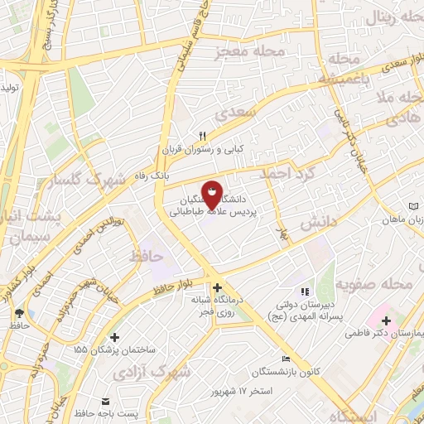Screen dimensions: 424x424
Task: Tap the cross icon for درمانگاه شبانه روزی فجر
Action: (217, 287)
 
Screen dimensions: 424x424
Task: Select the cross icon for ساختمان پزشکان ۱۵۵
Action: (114, 337)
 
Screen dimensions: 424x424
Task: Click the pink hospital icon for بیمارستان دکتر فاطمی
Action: (387, 319)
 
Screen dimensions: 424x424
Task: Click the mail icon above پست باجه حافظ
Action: (106, 401)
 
